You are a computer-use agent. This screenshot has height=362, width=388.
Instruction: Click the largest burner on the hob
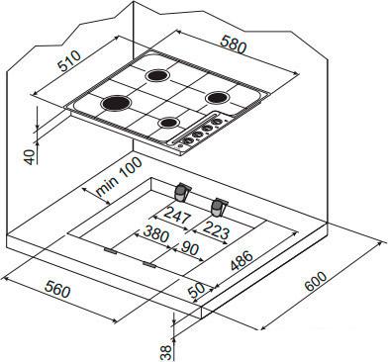(x=116, y=102)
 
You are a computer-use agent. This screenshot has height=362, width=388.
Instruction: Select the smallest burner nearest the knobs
(x=170, y=123)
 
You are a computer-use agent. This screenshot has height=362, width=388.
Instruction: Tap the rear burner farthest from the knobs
(x=158, y=73)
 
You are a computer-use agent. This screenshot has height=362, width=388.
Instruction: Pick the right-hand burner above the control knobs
(x=217, y=96)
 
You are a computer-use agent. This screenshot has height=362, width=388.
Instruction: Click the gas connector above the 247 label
(x=182, y=192)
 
